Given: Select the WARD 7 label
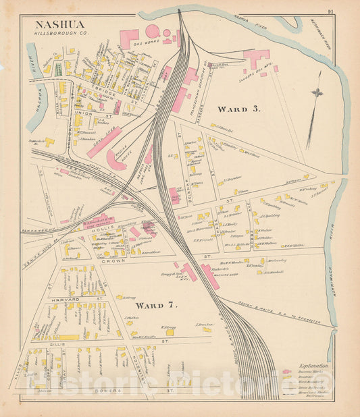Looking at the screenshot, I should pyautogui.click(x=156, y=305).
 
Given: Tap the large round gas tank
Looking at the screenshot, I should pyautogui.click(x=153, y=30).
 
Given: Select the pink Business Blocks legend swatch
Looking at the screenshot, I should pyautogui.click(x=288, y=371).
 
